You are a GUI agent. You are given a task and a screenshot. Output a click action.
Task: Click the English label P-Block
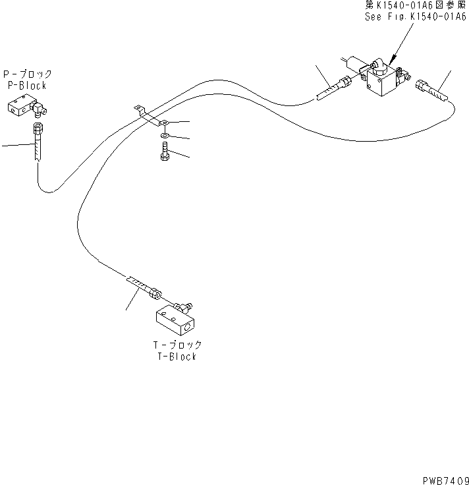click(x=27, y=86)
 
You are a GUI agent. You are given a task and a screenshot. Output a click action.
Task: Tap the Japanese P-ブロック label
click(x=28, y=74)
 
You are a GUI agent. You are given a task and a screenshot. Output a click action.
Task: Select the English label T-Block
click(x=177, y=357)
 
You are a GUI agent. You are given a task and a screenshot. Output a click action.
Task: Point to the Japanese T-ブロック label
click(x=177, y=345)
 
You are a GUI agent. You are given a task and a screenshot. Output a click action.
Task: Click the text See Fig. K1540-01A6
click(x=415, y=16)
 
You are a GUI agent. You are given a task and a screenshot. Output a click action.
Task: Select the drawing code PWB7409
click(x=445, y=480)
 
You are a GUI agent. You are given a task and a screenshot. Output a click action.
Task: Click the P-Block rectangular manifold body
click(x=20, y=106)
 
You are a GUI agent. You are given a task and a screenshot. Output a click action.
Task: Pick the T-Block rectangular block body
click(x=175, y=321)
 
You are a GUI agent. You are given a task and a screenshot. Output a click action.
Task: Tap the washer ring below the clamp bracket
click(x=165, y=136)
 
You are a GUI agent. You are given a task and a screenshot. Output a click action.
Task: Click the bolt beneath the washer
click(x=165, y=152)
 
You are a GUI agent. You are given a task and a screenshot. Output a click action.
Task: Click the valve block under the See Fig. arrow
click(x=382, y=80)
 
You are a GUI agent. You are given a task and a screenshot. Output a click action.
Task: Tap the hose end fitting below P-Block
click(x=38, y=141)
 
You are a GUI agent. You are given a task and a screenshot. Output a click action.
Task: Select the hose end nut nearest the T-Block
click(x=155, y=293)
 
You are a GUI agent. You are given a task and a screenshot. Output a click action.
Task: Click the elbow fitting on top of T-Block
click(x=182, y=307)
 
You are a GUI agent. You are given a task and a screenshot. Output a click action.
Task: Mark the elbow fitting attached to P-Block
click(x=39, y=109)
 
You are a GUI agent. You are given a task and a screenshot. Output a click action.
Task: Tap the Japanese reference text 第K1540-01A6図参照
click(x=415, y=5)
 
